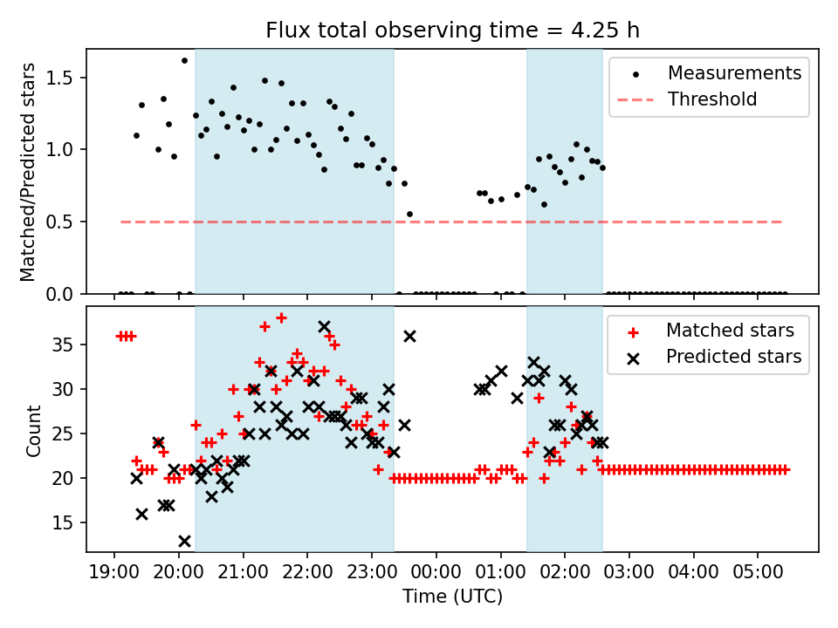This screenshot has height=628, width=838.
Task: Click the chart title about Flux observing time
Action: point(452,31)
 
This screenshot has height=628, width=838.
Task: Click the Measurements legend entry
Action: point(734,72)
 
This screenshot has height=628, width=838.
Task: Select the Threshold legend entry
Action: point(712,99)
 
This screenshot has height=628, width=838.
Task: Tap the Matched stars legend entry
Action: point(730,331)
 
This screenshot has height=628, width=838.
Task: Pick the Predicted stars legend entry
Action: point(733,357)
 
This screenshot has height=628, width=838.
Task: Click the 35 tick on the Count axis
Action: point(68,345)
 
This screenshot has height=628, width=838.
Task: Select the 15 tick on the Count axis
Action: point(68,522)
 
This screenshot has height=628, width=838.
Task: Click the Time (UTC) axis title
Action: point(452,597)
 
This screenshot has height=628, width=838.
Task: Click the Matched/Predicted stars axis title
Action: point(28,172)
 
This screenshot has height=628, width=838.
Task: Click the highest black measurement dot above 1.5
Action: point(184,60)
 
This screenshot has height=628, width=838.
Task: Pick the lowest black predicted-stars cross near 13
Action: point(184,541)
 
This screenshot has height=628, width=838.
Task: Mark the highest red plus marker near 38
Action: point(281,317)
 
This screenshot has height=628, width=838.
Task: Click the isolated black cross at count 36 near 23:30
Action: point(409,336)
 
